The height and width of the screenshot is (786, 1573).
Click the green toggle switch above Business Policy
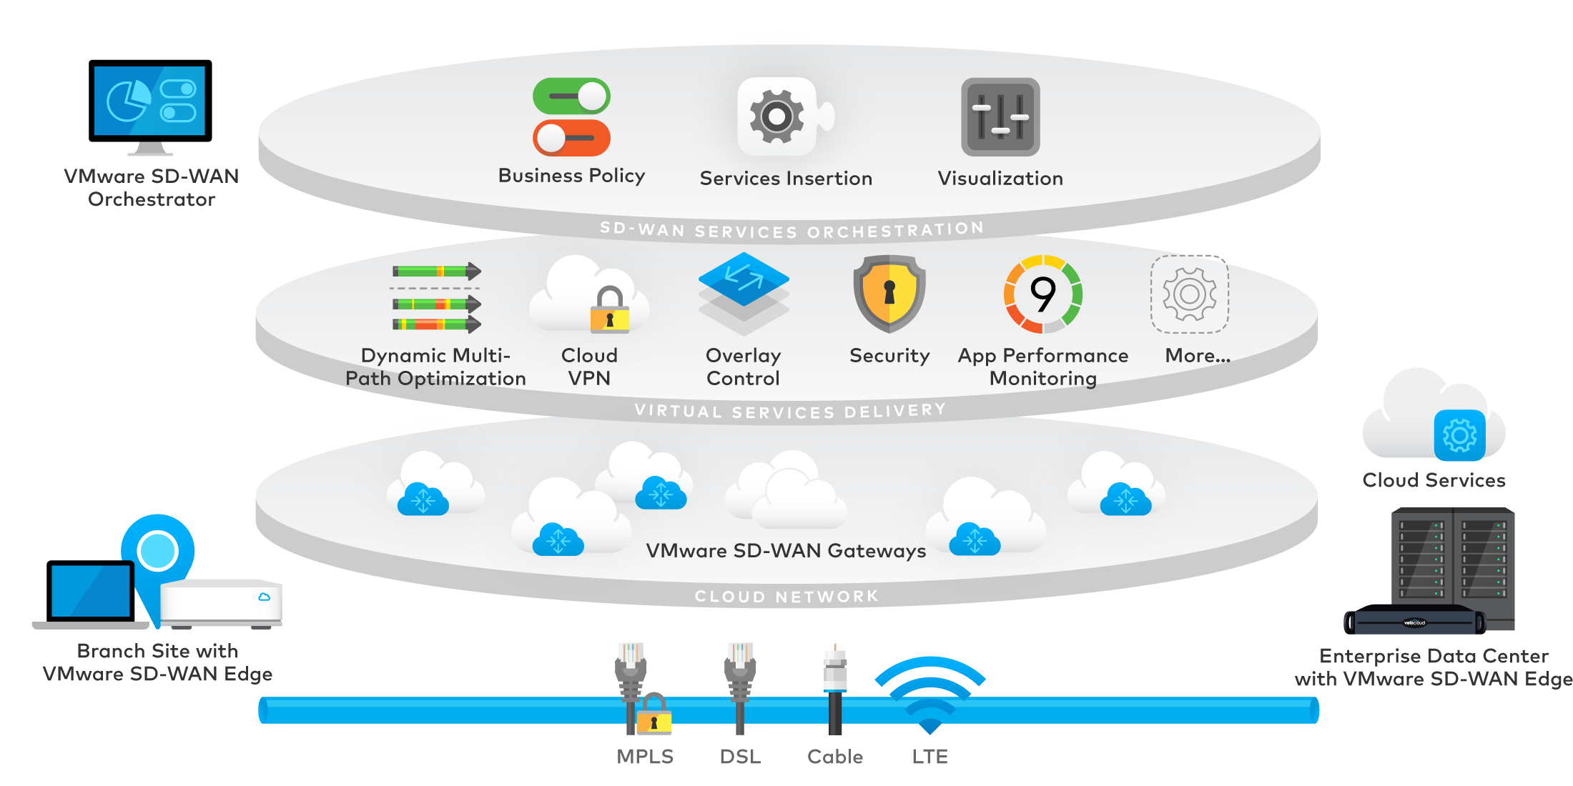(571, 96)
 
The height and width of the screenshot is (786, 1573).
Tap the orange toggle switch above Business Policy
(571, 137)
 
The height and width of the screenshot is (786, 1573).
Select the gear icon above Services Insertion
(776, 116)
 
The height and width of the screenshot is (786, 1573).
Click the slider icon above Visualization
(1000, 117)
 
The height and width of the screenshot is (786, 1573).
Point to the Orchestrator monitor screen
(149, 101)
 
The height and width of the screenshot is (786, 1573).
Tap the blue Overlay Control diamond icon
(744, 279)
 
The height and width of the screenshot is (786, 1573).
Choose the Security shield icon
(889, 294)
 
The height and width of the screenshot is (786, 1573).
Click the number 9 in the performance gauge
(1042, 293)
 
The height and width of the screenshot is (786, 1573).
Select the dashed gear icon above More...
(1189, 294)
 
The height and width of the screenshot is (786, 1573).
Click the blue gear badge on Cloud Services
(1459, 435)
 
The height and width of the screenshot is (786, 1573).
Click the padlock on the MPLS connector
(654, 715)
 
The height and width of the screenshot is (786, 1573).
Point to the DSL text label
(740, 757)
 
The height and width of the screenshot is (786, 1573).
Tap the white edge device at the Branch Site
(222, 602)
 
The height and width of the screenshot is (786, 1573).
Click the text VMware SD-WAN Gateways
(786, 551)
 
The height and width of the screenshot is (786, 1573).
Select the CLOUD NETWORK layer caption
(786, 596)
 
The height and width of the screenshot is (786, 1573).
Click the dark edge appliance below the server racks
(1414, 622)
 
